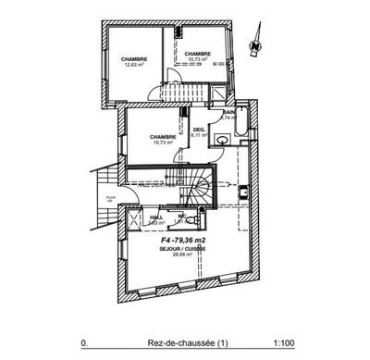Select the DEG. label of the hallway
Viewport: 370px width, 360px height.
point(198,130)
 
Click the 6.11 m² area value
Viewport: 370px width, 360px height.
point(198,135)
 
